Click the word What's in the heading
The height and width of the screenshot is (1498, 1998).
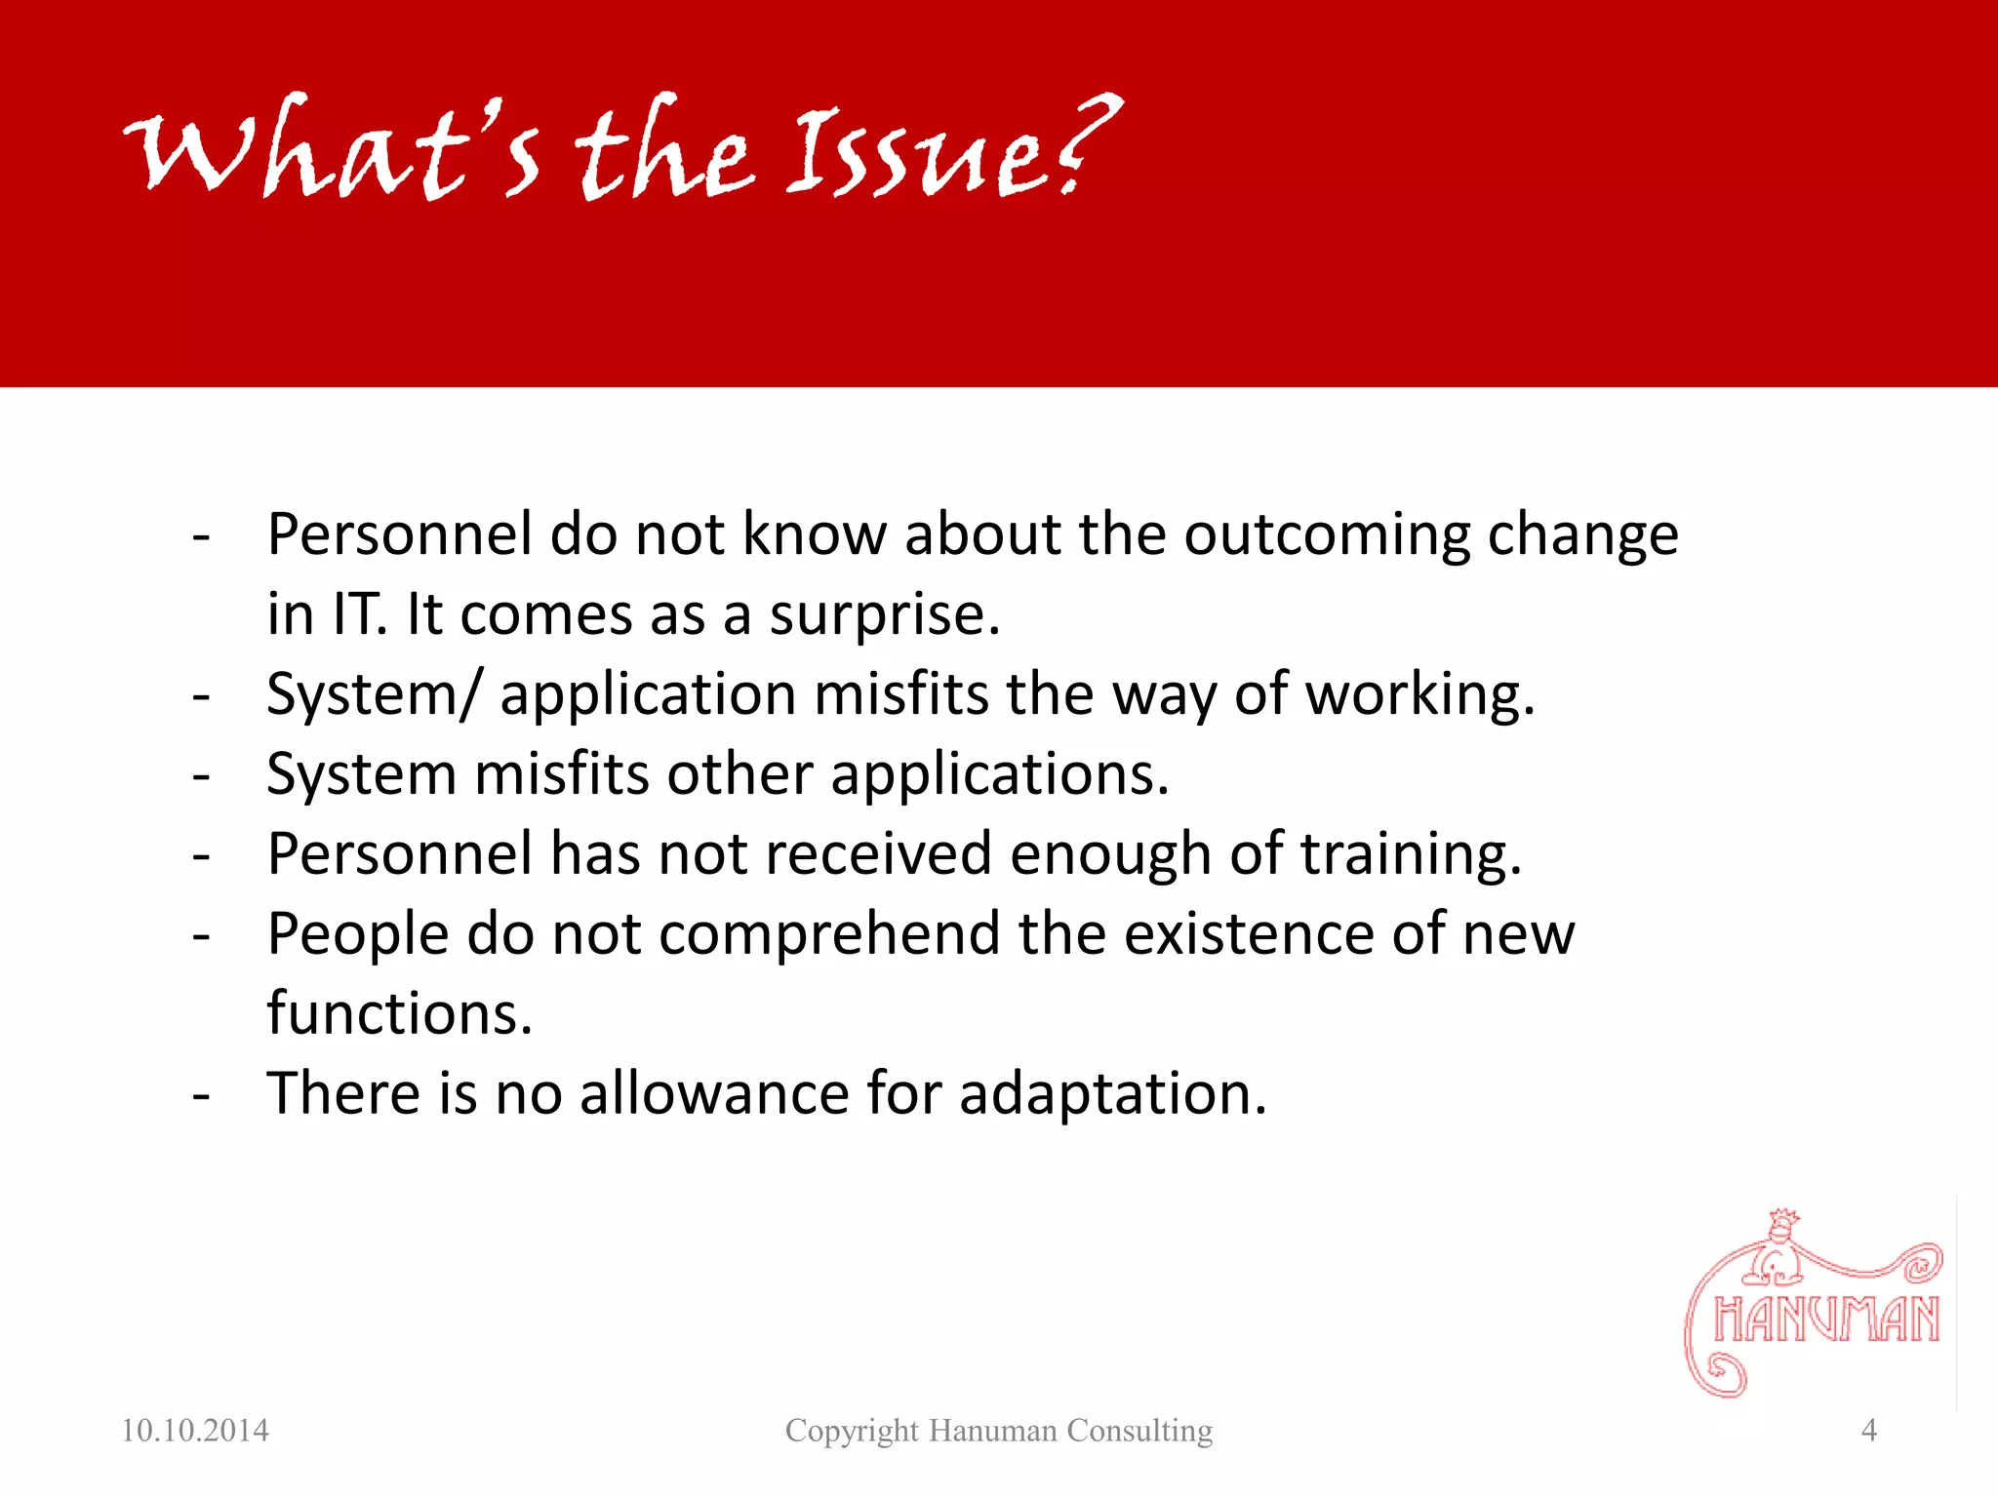click(x=332, y=151)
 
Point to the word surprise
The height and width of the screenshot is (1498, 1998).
click(x=884, y=615)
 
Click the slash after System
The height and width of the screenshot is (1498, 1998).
click(x=471, y=695)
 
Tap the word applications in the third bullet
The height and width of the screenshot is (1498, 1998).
click(x=999, y=775)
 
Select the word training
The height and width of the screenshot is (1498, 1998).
click(x=1410, y=855)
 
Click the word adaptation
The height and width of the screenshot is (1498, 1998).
click(x=1112, y=1094)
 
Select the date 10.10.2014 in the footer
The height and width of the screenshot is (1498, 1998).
click(x=195, y=1431)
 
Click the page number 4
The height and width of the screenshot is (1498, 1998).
click(x=1869, y=1431)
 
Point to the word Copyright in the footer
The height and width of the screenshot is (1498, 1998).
click(x=852, y=1431)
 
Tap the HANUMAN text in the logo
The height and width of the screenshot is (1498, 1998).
click(x=1826, y=1321)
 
